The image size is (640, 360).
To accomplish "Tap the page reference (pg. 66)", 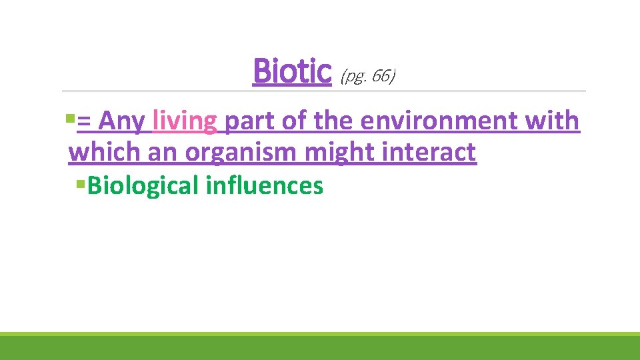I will (367, 77).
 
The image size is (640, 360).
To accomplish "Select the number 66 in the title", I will (381, 77).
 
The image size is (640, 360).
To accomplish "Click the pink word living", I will (185, 122).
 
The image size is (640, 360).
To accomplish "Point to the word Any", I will (121, 122).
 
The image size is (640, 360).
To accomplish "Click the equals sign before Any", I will (85, 123).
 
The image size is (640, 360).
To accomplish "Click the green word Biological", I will (143, 185).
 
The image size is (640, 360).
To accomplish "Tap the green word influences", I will (265, 185).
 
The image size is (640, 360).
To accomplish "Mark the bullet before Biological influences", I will (81, 183).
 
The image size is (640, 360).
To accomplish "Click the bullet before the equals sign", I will (71, 121).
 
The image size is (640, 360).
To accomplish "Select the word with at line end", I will (553, 122).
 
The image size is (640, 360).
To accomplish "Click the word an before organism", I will (163, 153).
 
